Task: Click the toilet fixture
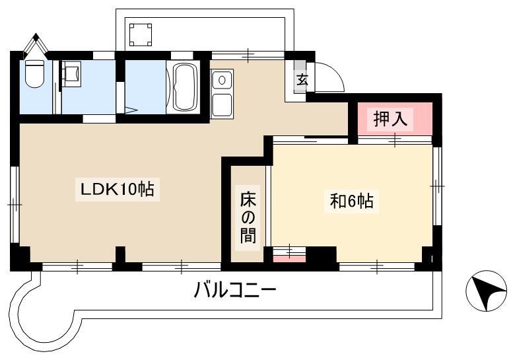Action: click(x=34, y=73)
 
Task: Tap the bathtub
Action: click(x=184, y=87)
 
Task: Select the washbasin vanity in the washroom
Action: click(x=72, y=74)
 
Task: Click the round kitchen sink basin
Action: click(x=222, y=80)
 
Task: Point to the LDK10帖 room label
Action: click(x=117, y=189)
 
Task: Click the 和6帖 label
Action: click(x=352, y=201)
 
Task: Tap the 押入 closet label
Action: click(x=390, y=118)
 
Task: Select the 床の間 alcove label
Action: click(x=248, y=217)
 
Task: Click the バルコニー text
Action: click(x=235, y=290)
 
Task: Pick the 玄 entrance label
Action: click(x=302, y=79)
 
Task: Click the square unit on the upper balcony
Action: click(x=141, y=35)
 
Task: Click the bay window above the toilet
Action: click(x=36, y=46)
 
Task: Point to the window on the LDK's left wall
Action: click(x=15, y=205)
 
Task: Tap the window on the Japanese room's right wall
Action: click(x=438, y=186)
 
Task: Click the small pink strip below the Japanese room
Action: click(x=289, y=259)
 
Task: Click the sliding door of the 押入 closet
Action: click(x=395, y=140)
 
